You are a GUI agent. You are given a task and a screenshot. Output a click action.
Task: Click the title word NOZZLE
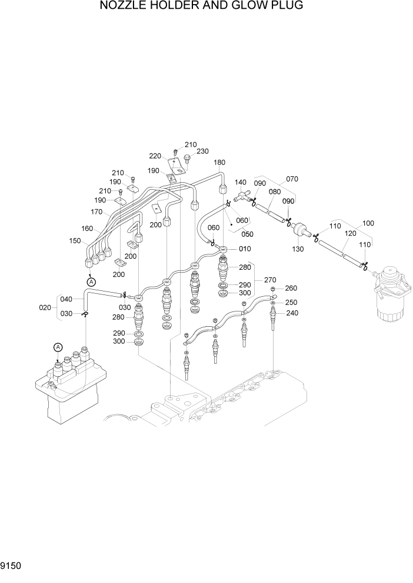point(125,6)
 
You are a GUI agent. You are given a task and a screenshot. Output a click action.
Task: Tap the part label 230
point(202,151)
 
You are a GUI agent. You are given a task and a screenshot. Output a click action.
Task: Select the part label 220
point(155,156)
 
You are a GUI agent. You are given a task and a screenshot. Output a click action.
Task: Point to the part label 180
point(219,162)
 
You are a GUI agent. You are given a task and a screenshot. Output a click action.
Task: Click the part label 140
point(241,183)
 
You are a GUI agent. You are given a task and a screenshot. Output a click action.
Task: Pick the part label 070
point(292,179)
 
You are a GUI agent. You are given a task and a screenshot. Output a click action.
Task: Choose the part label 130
point(298,249)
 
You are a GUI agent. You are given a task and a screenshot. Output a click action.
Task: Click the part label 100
point(368,223)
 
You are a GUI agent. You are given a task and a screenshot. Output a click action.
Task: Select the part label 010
point(245,249)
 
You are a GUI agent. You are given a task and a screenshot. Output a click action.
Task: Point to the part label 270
point(270,280)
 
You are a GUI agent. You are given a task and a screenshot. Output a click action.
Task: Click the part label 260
point(291,288)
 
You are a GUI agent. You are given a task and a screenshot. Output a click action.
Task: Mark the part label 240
point(291,313)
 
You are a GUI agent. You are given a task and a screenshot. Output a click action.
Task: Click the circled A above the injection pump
point(58,347)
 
